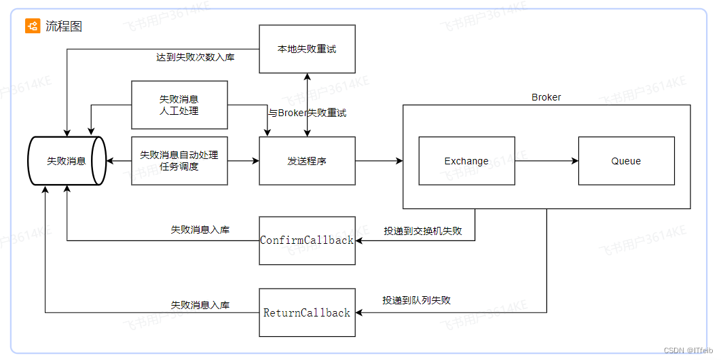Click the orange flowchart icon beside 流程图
(33, 26)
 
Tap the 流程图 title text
(64, 26)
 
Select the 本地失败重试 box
(307, 49)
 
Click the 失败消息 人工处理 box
(179, 105)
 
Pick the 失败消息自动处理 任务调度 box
(179, 160)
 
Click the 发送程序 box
(307, 161)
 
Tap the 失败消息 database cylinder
(66, 161)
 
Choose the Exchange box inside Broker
(466, 161)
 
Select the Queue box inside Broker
(626, 161)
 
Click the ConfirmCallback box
(307, 240)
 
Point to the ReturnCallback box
(307, 312)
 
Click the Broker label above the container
(546, 97)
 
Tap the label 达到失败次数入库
(196, 57)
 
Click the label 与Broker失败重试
(307, 113)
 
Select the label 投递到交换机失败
(422, 231)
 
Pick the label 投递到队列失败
(417, 300)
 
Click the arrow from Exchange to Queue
(546, 161)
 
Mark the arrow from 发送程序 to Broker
(379, 161)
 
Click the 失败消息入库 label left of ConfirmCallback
(200, 230)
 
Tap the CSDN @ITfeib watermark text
(688, 350)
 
